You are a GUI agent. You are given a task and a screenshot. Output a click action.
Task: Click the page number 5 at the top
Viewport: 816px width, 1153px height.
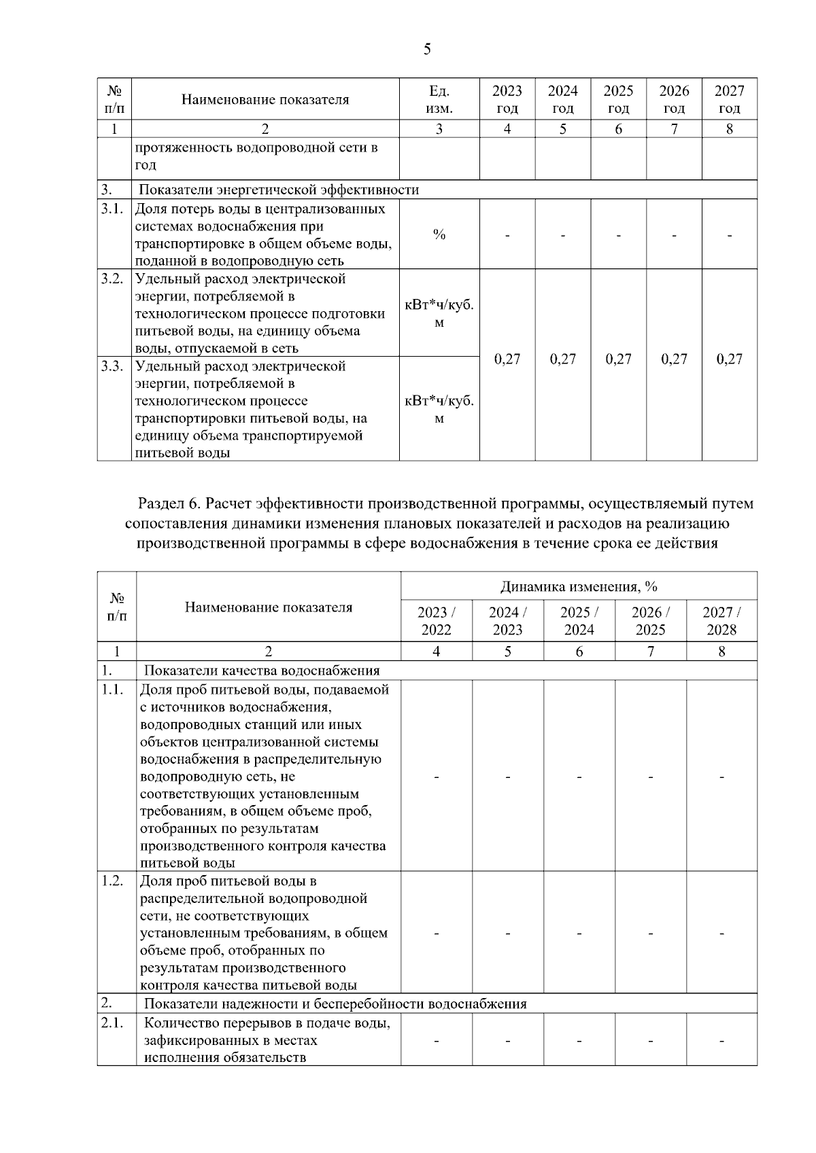(x=427, y=49)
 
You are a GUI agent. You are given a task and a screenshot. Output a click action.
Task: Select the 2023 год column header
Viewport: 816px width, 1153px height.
(x=507, y=99)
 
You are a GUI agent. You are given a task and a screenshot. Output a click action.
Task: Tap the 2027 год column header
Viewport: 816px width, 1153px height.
(x=729, y=99)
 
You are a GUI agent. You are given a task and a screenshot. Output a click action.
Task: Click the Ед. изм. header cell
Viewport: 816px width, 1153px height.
(x=439, y=99)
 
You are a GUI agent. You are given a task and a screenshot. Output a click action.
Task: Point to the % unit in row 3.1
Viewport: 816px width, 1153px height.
(x=439, y=234)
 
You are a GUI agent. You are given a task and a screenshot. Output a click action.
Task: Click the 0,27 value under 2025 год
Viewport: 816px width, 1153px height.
(x=618, y=359)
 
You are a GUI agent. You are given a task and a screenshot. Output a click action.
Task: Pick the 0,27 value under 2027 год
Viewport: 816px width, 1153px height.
(x=729, y=359)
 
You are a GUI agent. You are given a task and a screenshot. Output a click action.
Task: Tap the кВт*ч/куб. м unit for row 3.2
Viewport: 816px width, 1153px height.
(x=439, y=314)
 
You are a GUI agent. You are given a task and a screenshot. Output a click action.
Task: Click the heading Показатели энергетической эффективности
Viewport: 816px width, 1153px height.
(x=279, y=190)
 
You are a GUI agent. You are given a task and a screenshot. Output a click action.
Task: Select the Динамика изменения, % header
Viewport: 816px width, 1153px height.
(x=579, y=586)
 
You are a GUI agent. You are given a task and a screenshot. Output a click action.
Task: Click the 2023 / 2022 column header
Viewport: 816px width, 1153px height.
(x=437, y=620)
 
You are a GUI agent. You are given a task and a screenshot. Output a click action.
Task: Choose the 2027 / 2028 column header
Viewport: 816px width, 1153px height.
(x=721, y=620)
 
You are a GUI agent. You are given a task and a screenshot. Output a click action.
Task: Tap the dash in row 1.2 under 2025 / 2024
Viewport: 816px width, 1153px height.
(x=579, y=934)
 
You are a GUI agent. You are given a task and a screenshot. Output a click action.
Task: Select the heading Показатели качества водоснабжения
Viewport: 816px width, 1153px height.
(x=262, y=671)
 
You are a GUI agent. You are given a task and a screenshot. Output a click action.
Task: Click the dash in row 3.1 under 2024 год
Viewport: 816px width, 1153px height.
(x=563, y=235)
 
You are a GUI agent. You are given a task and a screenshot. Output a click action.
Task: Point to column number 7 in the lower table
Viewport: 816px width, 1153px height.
(x=650, y=651)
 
